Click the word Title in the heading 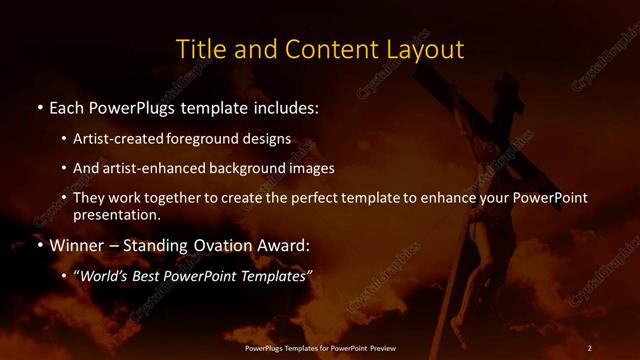click(x=198, y=49)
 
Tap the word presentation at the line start click(x=116, y=214)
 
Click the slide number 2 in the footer click(x=589, y=347)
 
